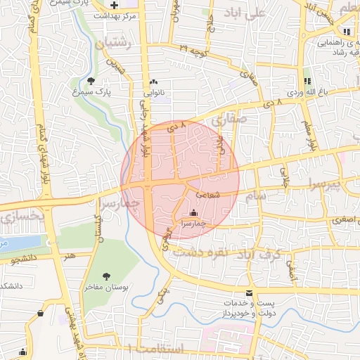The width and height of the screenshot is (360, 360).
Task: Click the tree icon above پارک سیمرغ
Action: pos(91,80)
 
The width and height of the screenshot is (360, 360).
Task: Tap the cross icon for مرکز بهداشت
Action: pos(115,5)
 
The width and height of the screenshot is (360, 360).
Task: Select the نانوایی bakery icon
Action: pos(154,82)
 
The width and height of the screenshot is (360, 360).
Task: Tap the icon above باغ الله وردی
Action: pos(307,82)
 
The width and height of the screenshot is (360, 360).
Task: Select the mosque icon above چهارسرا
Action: pos(194,212)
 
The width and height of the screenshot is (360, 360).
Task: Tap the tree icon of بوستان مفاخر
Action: pos(107,276)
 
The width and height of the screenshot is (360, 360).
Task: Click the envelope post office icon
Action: pos(248,294)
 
